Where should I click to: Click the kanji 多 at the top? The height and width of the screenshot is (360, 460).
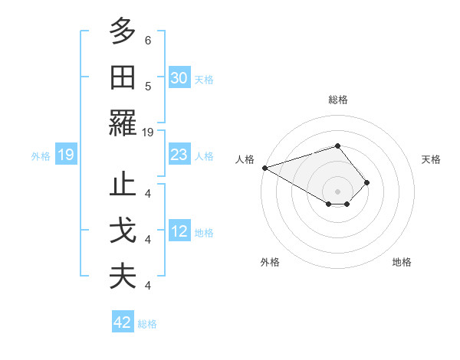tap(123, 31)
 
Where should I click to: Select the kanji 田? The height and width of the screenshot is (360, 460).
tap(123, 77)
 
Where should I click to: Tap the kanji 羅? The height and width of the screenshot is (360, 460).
tap(123, 123)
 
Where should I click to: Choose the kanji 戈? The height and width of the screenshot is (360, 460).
tap(123, 231)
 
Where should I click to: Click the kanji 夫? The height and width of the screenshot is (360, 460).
tap(123, 277)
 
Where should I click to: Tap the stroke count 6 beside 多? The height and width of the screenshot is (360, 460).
tap(148, 40)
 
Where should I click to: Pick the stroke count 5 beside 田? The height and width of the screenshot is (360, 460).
tap(148, 86)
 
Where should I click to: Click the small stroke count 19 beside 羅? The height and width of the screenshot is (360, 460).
tap(148, 132)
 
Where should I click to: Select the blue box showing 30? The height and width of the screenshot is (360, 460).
tap(179, 78)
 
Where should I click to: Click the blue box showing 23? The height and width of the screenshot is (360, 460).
tap(179, 155)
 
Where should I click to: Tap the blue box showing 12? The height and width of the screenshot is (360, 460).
tap(179, 231)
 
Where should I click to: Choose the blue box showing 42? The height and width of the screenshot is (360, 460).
tap(123, 322)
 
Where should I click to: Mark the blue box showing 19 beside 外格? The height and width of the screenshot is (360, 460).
tap(66, 155)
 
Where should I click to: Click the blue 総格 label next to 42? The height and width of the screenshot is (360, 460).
tap(147, 324)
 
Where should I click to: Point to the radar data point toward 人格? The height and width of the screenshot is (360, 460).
tap(264, 167)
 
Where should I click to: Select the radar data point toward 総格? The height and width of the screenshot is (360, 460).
tap(337, 146)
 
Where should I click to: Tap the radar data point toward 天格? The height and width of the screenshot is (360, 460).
tap(367, 182)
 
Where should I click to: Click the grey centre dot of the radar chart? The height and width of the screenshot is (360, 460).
tap(337, 191)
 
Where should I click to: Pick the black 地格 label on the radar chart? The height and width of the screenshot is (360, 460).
tap(402, 262)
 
